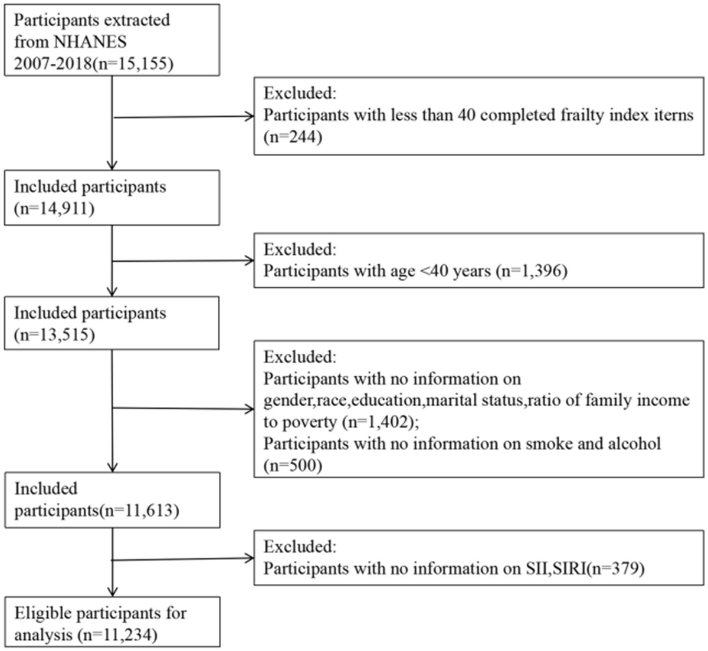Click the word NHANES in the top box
coord(90,42)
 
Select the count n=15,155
coord(133,64)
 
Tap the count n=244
coord(293,137)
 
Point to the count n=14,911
coord(54,209)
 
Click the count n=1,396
coord(532,271)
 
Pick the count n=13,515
coord(54,334)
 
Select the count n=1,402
coord(378,422)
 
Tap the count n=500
coord(293,465)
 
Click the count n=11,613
coord(139,511)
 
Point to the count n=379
coord(616,568)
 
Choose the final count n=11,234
coord(117,635)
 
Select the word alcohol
coord(634,443)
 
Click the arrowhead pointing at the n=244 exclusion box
coord(250,116)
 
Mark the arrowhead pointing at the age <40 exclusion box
coord(250,261)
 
